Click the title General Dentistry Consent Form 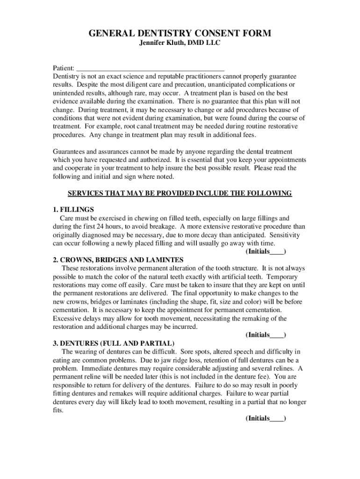pyautogui.click(x=180, y=33)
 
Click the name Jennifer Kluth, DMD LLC pyautogui.click(x=180, y=44)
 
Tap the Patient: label pyautogui.click(x=63, y=67)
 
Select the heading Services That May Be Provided pyautogui.click(x=180, y=193)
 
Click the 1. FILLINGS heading pyautogui.click(x=73, y=210)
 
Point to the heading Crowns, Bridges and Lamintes pyautogui.click(x=118, y=260)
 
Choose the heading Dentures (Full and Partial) pyautogui.click(x=114, y=343)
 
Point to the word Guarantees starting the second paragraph pyautogui.click(x=69, y=152)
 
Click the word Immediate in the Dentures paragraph pyautogui.click(x=96, y=368)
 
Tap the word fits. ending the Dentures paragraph pyautogui.click(x=58, y=410)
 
